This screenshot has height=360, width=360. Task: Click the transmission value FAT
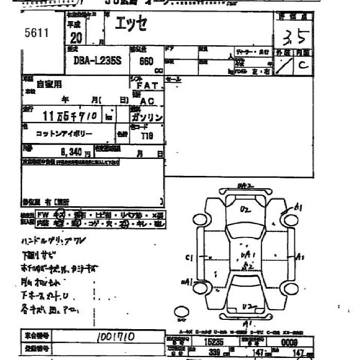click(147, 86)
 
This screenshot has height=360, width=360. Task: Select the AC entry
click(147, 101)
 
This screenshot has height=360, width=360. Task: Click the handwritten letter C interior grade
click(303, 66)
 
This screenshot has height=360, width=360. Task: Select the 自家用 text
click(49, 84)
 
